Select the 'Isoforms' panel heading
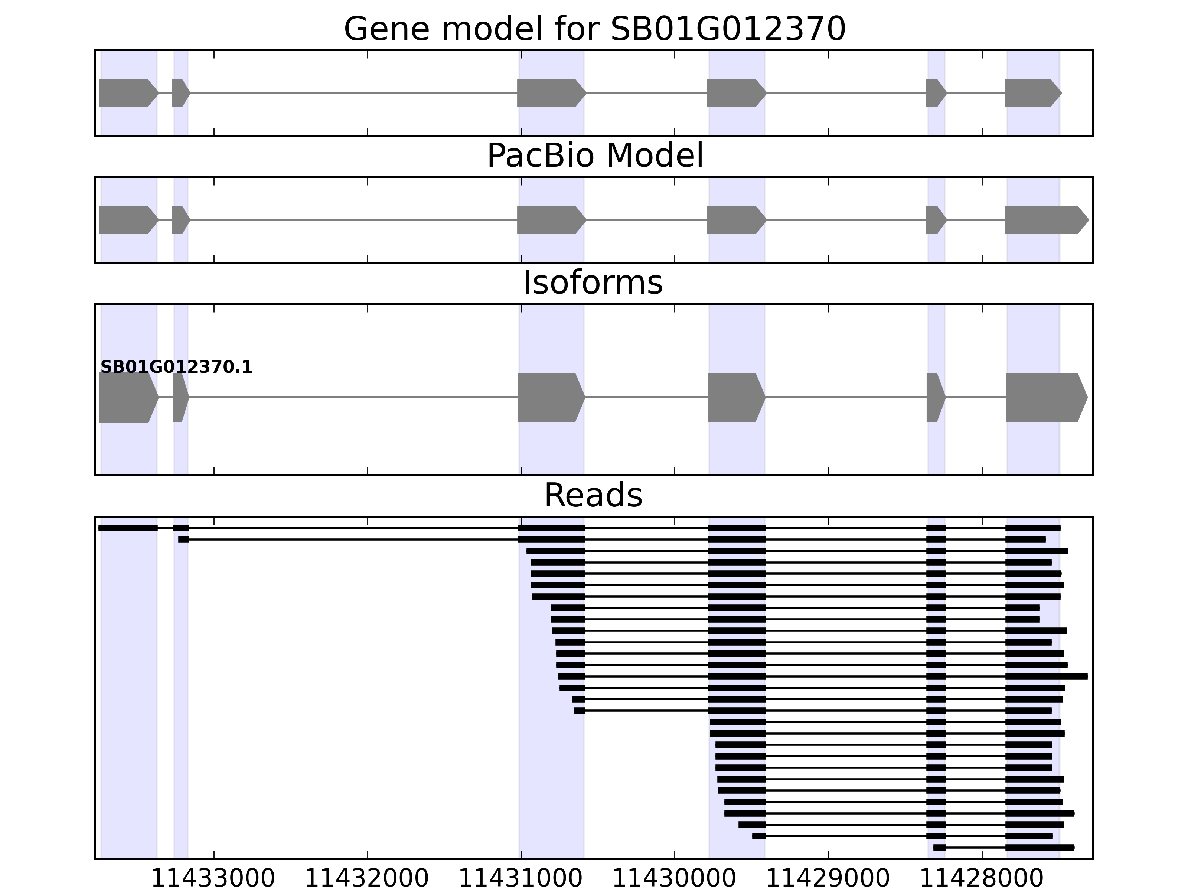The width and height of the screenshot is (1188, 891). point(593,283)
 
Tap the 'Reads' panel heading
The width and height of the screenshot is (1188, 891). point(593,495)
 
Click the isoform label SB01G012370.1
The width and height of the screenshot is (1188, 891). point(176,368)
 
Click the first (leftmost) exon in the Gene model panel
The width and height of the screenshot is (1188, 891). point(127,93)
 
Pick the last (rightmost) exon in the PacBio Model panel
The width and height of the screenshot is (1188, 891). point(1045,220)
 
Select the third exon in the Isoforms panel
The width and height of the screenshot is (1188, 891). point(550,398)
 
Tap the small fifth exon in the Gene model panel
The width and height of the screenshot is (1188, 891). point(934,93)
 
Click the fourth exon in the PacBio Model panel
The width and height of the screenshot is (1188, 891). point(735,220)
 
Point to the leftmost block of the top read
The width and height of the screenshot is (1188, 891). point(128,528)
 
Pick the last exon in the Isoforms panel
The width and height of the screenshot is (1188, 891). point(1045,398)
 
